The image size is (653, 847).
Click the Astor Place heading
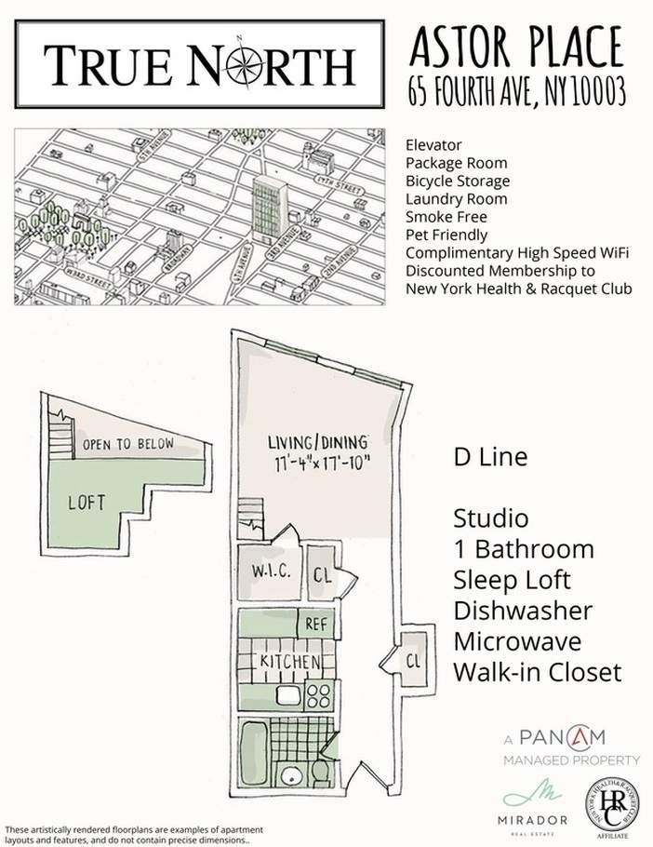(x=516, y=46)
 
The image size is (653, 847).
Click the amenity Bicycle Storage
(x=457, y=181)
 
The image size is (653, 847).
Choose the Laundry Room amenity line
(x=456, y=198)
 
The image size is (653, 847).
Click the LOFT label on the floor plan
(x=87, y=503)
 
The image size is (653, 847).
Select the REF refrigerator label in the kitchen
(x=316, y=624)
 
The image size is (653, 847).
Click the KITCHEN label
(x=290, y=661)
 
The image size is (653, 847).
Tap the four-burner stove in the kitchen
(x=319, y=693)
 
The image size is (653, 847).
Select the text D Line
(x=490, y=458)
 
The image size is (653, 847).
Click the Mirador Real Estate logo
(x=521, y=809)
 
